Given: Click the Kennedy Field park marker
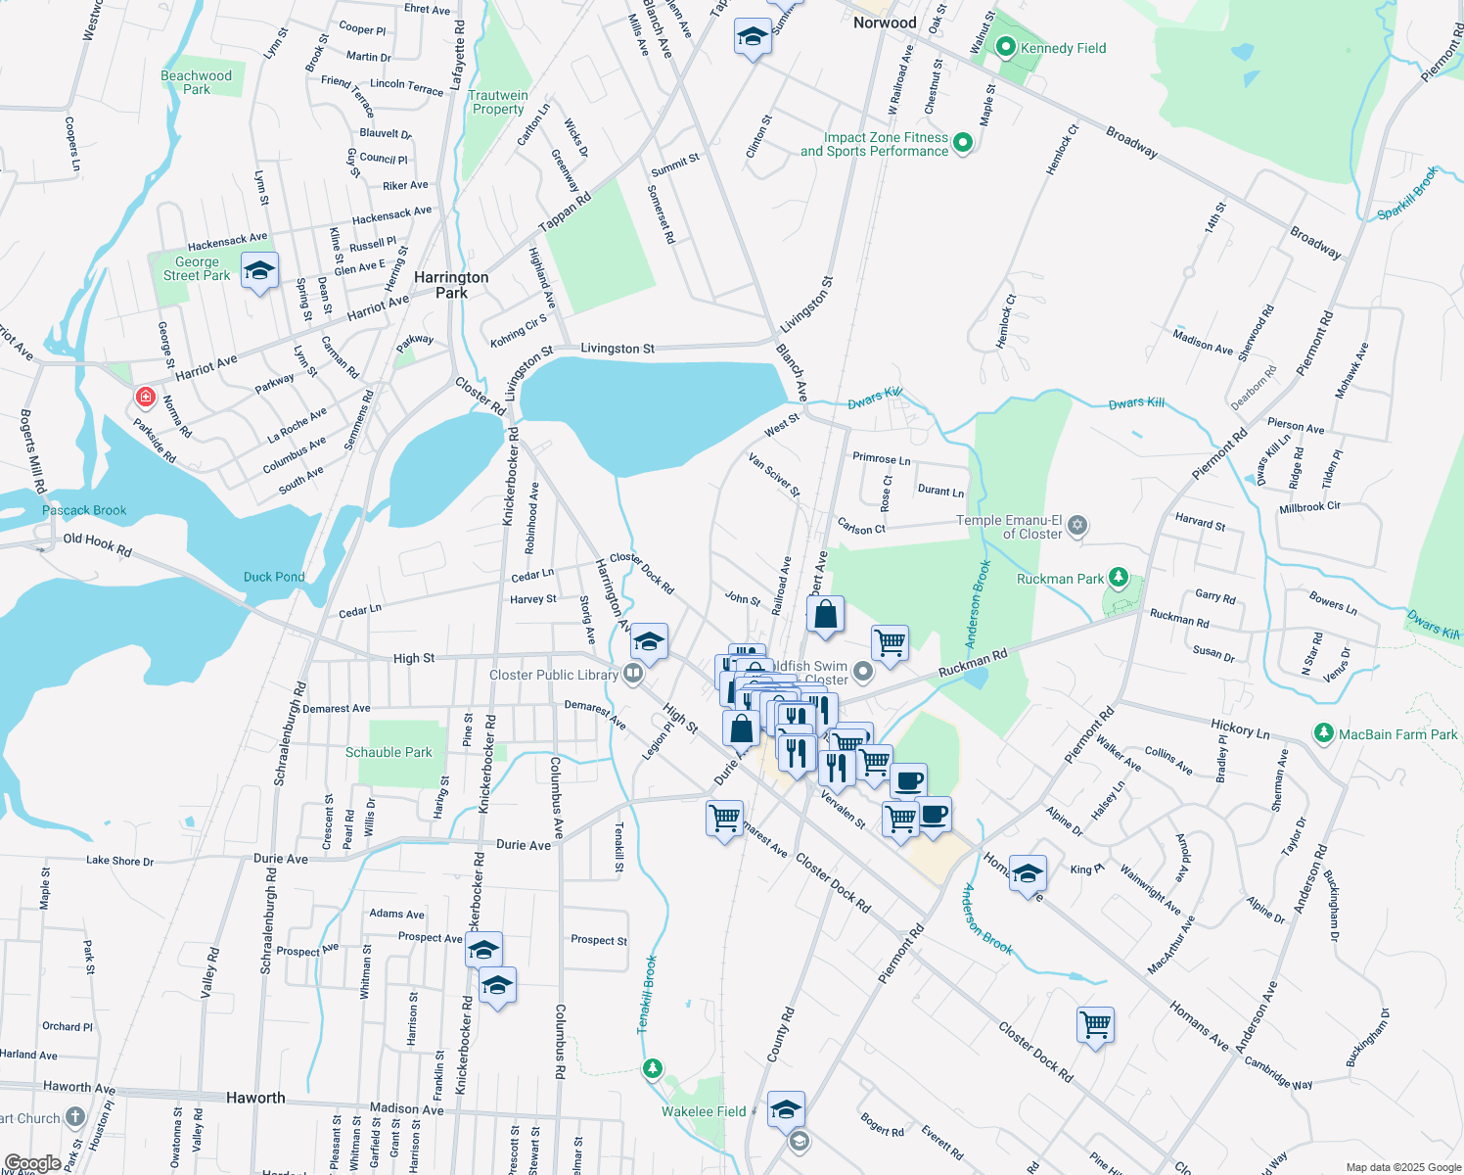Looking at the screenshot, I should point(1005,47).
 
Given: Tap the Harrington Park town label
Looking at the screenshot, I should point(451,285).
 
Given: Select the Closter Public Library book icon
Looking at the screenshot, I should point(633,674).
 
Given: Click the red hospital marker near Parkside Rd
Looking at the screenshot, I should point(145,397).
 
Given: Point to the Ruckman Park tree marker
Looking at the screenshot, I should point(1120,579).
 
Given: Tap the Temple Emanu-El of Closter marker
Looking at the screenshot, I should point(1077,526).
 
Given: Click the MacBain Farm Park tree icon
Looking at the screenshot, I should point(1324,733).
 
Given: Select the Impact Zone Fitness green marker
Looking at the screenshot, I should point(963,143).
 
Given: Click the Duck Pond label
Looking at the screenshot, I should point(274,577).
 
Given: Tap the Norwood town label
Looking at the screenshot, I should point(885,23).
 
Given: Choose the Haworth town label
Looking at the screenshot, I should point(255,1098).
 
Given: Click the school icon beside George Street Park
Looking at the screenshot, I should point(259,271).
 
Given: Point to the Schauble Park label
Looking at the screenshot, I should point(389,752).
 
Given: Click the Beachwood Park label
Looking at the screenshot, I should point(197,82).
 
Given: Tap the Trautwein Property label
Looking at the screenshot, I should point(498,102).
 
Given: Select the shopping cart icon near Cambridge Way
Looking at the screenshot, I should point(1096,1025).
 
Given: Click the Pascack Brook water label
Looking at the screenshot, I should point(84,510).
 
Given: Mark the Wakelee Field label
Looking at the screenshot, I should point(704,1111).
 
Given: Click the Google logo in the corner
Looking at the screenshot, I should point(33,1162).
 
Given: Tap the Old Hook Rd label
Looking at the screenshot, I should point(97,544).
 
